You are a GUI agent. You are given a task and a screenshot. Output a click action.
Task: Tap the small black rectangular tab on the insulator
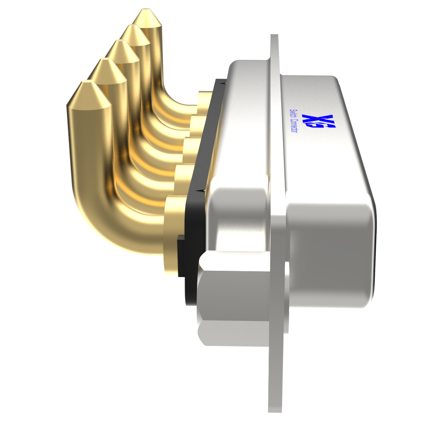(x=181, y=256)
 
